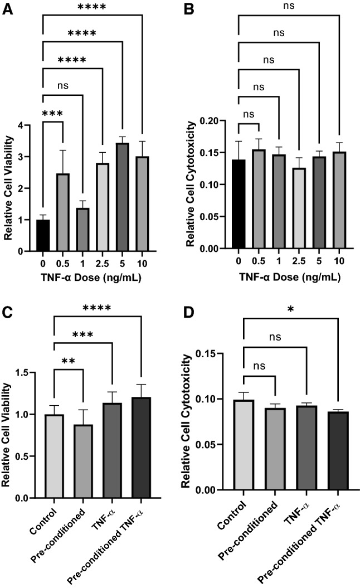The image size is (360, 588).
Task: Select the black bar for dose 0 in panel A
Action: click(42, 235)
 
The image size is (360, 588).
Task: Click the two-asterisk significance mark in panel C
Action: click(69, 361)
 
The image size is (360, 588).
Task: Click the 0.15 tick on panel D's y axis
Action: click(217, 353)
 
